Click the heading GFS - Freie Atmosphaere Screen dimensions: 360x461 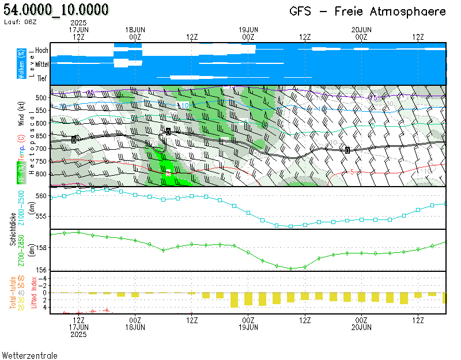368,12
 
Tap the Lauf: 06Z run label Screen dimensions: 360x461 20,22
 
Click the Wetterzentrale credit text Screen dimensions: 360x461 30,355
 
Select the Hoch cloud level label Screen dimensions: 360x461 41,51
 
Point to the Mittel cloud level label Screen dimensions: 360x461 41,65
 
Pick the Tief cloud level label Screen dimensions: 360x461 42,79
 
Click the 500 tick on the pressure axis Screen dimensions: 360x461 40,98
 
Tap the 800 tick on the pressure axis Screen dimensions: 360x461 40,174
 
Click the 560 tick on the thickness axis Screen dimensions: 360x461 40,196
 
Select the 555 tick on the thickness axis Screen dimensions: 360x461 40,216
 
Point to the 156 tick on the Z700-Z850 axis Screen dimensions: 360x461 40,269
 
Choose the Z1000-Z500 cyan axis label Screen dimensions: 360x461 21,208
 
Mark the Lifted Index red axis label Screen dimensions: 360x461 35,293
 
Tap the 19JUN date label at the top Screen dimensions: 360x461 248,29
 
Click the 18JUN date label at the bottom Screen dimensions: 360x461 135,327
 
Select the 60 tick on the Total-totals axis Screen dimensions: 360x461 21,278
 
